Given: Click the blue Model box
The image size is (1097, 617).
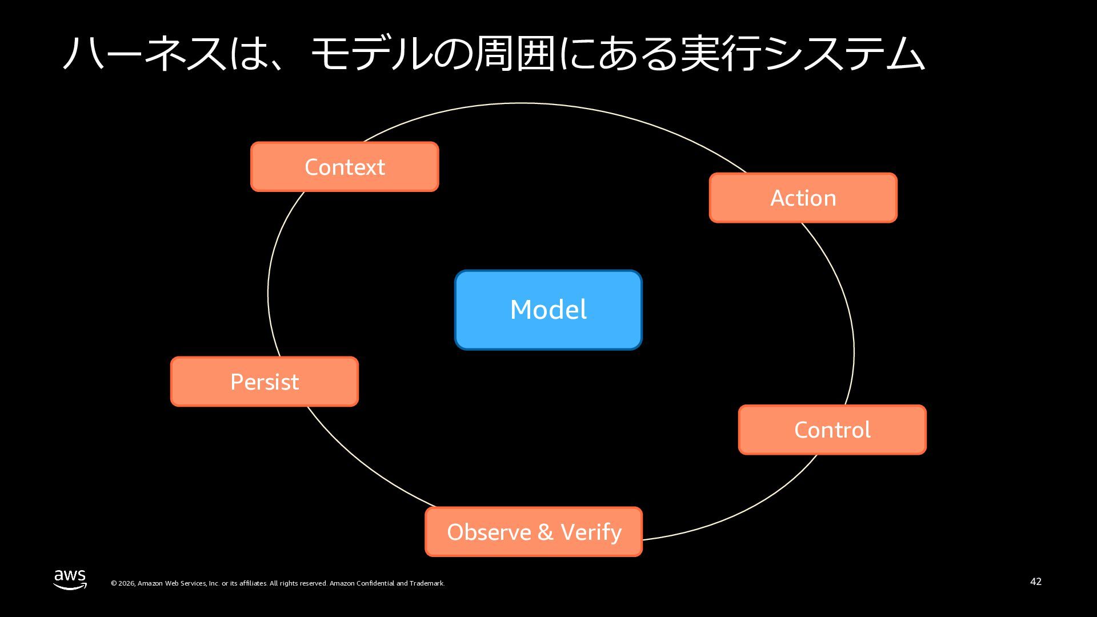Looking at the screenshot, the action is pyautogui.click(x=548, y=310).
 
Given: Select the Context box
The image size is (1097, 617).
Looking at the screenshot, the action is pyautogui.click(x=345, y=167).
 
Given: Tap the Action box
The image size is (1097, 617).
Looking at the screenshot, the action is pyautogui.click(x=803, y=198).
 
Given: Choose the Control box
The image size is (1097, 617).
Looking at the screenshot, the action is pyautogui.click(x=832, y=430).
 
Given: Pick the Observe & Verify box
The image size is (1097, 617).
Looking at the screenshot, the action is pyautogui.click(x=534, y=532).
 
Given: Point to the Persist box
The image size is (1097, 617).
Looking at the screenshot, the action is pyautogui.click(x=265, y=382).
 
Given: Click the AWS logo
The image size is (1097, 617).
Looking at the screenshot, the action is pyautogui.click(x=70, y=579).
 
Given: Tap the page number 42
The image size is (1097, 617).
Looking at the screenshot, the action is pyautogui.click(x=1036, y=582).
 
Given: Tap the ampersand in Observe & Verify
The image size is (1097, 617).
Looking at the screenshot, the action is pyautogui.click(x=545, y=532).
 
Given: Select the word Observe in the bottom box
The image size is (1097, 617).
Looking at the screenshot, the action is pyautogui.click(x=489, y=532).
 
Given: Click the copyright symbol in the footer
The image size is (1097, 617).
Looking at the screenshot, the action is pyautogui.click(x=114, y=583).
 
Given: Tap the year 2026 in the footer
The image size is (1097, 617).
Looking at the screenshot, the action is pyautogui.click(x=127, y=583).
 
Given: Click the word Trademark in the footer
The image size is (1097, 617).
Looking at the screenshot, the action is pyautogui.click(x=427, y=583).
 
